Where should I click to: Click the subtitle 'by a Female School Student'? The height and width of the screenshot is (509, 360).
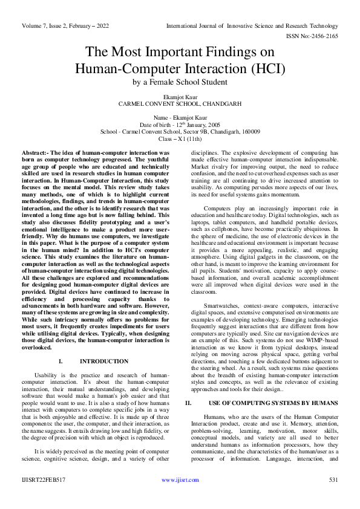point(180,82)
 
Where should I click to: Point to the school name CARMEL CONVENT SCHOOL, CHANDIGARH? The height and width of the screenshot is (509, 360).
point(180,104)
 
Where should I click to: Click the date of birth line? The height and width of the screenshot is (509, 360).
point(180,124)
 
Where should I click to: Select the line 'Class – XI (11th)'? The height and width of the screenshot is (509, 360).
point(180,138)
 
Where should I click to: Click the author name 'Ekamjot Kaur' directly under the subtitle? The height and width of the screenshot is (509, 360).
point(180,97)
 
